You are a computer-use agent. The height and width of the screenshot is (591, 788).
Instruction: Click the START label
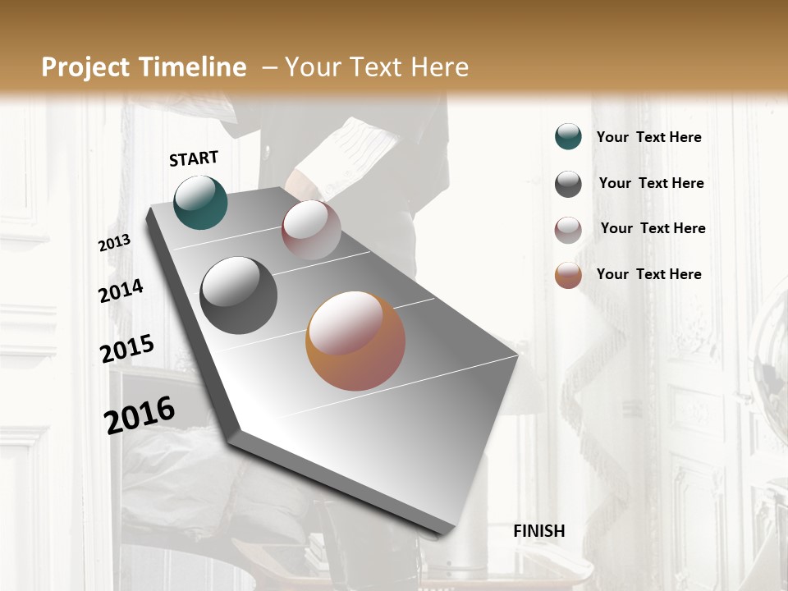tap(194, 158)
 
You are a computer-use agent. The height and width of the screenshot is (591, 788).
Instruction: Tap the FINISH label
tap(538, 531)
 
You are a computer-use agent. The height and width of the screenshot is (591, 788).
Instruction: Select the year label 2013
tap(114, 243)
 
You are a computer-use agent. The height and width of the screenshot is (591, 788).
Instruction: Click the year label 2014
tap(121, 291)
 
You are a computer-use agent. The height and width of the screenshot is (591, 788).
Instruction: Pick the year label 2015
tap(126, 349)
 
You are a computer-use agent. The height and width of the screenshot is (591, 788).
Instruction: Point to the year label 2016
tap(140, 415)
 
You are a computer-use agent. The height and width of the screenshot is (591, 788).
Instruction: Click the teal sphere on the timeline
tap(200, 202)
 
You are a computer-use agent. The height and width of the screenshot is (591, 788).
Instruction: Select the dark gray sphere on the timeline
tap(239, 295)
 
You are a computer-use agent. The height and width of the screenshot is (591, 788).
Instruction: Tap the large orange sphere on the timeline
tap(355, 341)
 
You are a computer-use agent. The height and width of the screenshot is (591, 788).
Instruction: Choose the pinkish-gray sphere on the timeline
tap(311, 230)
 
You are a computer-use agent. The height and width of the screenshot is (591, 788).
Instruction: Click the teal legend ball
tap(568, 137)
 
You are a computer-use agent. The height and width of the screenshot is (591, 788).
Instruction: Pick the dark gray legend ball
tap(568, 184)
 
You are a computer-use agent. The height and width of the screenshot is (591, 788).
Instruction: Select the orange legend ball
tap(568, 275)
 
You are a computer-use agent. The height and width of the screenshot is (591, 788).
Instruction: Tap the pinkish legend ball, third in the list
tap(568, 230)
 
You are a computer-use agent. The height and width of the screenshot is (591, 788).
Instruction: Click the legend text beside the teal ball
tap(648, 138)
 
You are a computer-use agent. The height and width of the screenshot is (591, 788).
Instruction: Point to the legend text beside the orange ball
tap(648, 274)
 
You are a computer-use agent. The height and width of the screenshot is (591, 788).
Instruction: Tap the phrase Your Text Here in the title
tap(377, 67)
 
